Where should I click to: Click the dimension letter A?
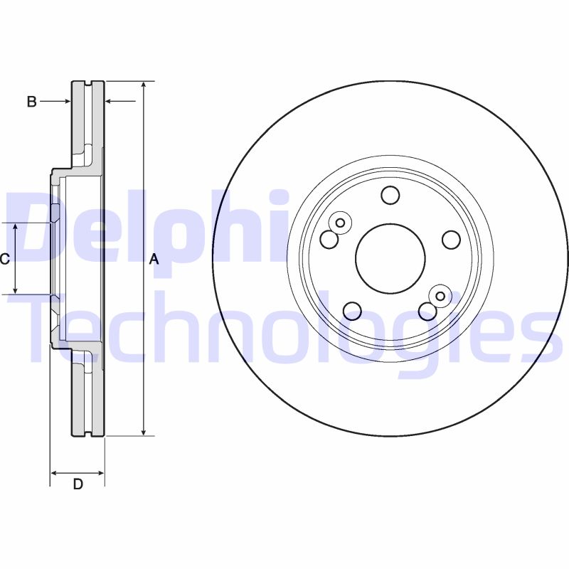[x=154, y=260]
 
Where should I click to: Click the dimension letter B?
[x=31, y=102]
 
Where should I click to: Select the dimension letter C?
[x=4, y=259]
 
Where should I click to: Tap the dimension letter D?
[x=78, y=484]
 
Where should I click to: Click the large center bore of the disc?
[x=390, y=259]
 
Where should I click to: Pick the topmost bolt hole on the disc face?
[x=390, y=195]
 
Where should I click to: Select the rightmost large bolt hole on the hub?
[x=451, y=240]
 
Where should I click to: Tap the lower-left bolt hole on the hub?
[x=353, y=310]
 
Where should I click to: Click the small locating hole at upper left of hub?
[x=340, y=223]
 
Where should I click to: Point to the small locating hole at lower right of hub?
[x=440, y=296]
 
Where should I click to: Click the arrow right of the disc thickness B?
[x=111, y=102]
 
